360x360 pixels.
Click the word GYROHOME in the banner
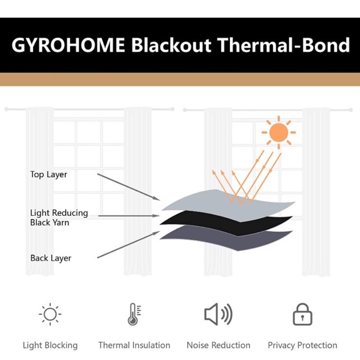click(x=68, y=45)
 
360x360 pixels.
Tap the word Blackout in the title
click(x=171, y=45)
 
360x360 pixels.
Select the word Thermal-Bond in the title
click(x=284, y=45)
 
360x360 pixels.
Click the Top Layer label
click(x=49, y=174)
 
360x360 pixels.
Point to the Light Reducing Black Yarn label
click(x=59, y=218)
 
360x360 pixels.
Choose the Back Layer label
click(x=51, y=258)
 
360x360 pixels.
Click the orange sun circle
click(x=279, y=133)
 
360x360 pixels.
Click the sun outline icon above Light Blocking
click(x=50, y=314)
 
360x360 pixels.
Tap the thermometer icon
click(x=133, y=314)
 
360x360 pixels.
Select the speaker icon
click(x=218, y=314)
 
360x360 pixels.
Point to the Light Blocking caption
click(x=50, y=345)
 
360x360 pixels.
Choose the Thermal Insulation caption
click(x=134, y=345)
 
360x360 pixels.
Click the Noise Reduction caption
click(x=218, y=345)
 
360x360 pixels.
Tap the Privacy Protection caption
click(x=303, y=345)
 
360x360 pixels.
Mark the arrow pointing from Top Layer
click(x=129, y=187)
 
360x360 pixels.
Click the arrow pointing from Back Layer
click(x=129, y=245)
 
